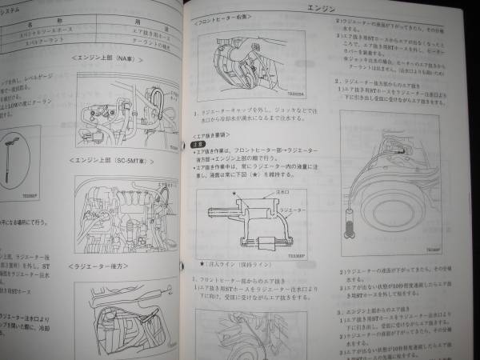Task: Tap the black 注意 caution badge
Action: click(x=203, y=148)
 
